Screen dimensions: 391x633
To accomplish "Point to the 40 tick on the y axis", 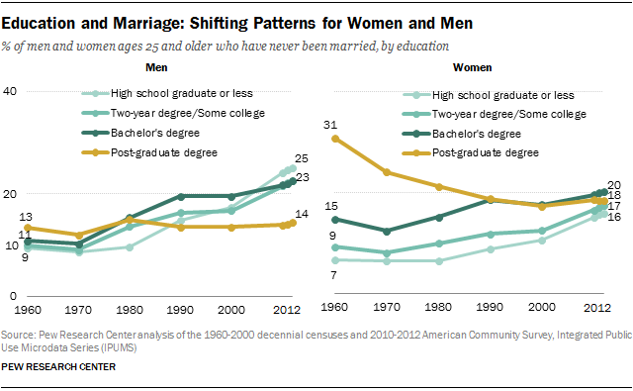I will coord(11,91).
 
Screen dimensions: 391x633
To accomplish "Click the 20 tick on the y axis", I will coord(11,194).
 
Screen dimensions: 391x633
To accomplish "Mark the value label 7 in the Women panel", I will coord(333,274).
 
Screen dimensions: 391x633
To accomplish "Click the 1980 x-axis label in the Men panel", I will coord(133,308).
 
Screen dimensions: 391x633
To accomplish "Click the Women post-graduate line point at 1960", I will coord(334,139).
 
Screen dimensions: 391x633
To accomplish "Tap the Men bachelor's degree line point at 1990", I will coord(180,196).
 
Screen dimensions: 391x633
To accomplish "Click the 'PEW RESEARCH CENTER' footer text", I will coord(59,367).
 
